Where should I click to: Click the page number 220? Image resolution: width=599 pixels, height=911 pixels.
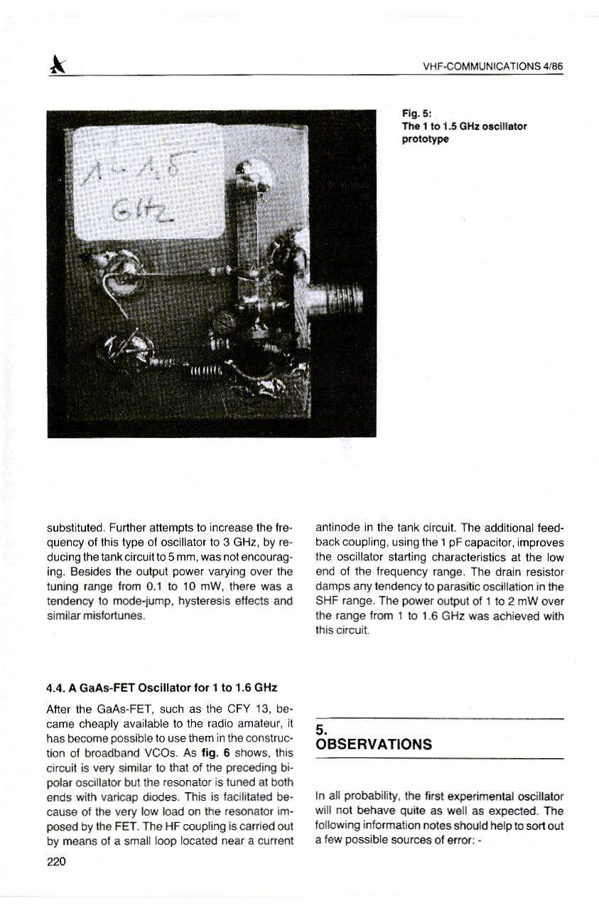click(x=55, y=862)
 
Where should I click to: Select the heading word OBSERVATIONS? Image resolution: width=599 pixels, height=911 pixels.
click(x=374, y=745)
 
